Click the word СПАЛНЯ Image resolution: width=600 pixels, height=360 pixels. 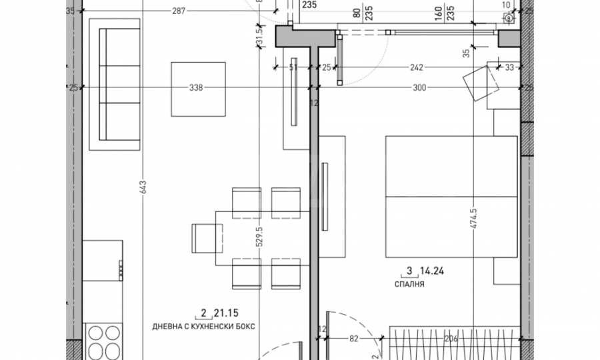point(410,283)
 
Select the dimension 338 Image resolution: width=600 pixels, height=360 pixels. point(196,87)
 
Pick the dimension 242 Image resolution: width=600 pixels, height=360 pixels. point(416,67)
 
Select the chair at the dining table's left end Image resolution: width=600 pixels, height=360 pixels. point(206,237)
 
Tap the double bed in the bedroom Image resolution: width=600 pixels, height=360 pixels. point(451,197)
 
